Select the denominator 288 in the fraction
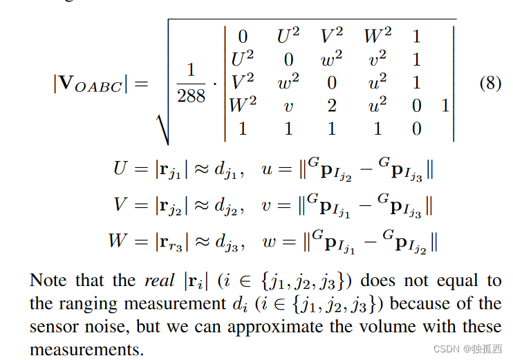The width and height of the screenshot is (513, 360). click(x=191, y=95)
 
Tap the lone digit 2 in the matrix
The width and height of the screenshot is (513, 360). click(x=332, y=105)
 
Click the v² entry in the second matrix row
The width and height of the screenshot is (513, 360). click(x=376, y=59)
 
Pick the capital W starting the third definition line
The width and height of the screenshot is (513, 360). click(x=118, y=241)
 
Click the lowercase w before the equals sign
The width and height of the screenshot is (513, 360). click(x=268, y=241)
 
